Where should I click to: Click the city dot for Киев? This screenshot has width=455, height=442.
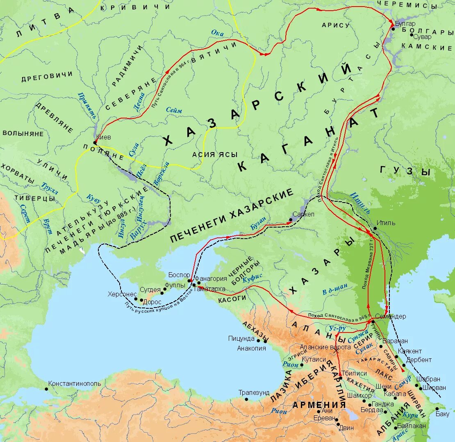pos(95,143)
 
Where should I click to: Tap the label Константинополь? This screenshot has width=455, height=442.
pos(74,384)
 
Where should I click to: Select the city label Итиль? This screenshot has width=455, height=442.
pos(387,223)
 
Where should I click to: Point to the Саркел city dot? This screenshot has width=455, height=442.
pos(291,220)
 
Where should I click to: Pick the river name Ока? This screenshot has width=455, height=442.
pos(217,33)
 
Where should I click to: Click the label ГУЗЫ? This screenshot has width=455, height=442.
pos(405,171)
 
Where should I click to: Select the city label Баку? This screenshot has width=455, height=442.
pos(442,414)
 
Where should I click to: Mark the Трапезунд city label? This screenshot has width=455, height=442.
pos(255,393)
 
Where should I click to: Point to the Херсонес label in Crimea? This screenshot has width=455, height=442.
pos(122,294)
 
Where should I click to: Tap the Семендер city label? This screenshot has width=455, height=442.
pos(391,317)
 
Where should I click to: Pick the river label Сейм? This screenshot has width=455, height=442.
pos(174,110)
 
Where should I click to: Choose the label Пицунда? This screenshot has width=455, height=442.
pos(241,339)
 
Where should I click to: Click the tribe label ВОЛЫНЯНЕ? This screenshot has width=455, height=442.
pos(23,133)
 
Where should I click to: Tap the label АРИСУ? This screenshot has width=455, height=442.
pos(335,25)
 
